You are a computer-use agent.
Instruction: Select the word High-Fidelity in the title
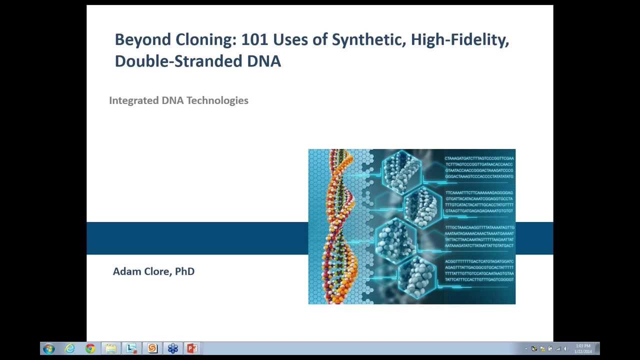coord(459,39)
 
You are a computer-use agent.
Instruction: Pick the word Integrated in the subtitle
coord(133,100)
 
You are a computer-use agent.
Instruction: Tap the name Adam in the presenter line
coord(125,271)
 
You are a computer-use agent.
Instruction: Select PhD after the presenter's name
coord(184,271)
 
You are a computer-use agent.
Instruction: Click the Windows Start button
coord(48,348)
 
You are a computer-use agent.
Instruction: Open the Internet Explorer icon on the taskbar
coord(69,348)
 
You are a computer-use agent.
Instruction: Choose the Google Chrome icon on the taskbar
coord(90,348)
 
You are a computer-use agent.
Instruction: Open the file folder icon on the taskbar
coord(111,348)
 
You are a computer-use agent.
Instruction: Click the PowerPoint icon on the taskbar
coord(192,348)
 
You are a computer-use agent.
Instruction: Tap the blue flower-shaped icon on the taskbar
coord(172,348)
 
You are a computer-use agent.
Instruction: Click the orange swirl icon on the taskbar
coord(152,348)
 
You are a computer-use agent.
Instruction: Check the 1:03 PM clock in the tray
coord(583,346)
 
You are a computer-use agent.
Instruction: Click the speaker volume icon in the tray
coord(565,349)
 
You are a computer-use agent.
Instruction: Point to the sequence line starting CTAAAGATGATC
coord(479,158)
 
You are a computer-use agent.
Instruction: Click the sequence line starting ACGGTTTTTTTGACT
coord(479,261)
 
